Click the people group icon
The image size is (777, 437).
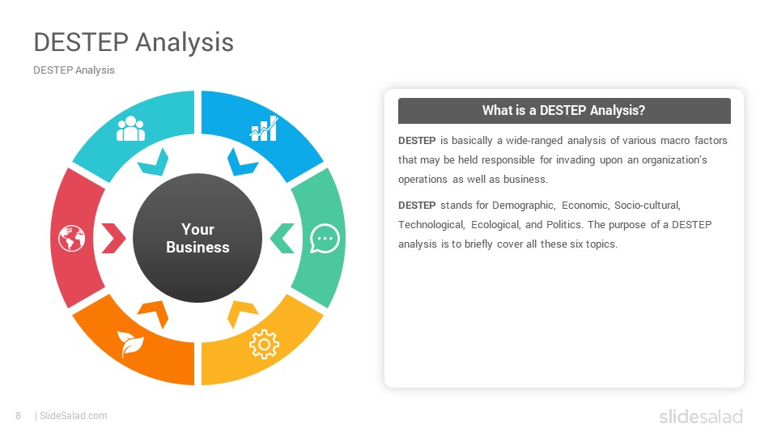[x=131, y=129]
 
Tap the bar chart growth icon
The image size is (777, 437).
[x=264, y=129]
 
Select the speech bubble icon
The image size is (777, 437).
[x=325, y=238]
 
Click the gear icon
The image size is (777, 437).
[x=264, y=344]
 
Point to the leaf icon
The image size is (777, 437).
[x=130, y=343]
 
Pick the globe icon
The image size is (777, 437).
[x=72, y=238]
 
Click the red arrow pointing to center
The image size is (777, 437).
[x=113, y=238]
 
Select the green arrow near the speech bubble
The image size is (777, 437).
[x=282, y=238]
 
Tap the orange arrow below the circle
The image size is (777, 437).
[x=154, y=313]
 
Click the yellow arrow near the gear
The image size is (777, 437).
[x=241, y=313]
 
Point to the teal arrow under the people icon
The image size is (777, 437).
[x=154, y=163]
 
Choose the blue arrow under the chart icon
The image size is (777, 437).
[x=241, y=163]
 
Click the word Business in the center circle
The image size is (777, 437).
[x=197, y=248]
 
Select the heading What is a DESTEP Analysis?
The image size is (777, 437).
[x=564, y=110]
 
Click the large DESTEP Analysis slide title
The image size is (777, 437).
[x=134, y=41]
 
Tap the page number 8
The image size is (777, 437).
[x=19, y=416]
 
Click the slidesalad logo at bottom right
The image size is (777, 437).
[x=701, y=416]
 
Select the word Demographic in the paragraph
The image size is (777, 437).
[x=524, y=206]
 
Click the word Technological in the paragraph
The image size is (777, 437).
[x=431, y=225]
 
